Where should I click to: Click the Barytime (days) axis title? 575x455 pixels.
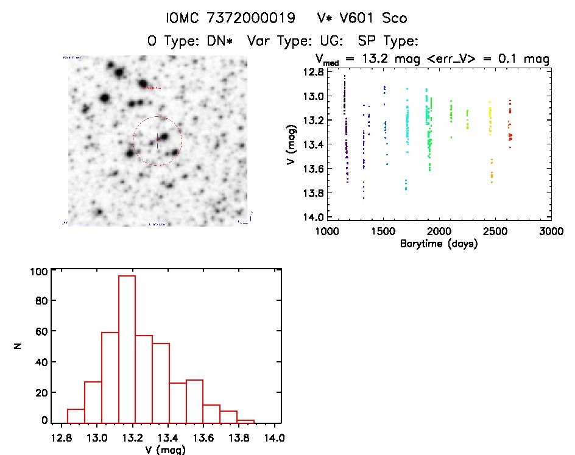(439, 244)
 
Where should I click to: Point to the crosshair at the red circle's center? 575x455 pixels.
(158, 141)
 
